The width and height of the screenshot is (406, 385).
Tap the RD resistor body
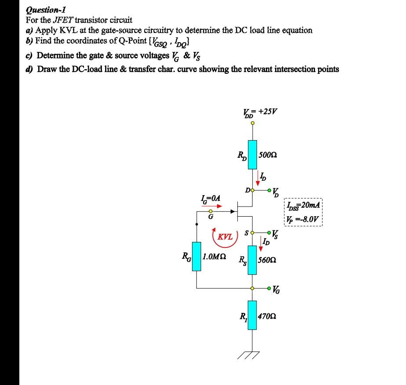(x=252, y=155)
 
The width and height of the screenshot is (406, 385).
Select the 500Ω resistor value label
(x=267, y=155)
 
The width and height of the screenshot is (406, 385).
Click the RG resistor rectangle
(x=196, y=256)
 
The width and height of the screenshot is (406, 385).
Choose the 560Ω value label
(x=267, y=260)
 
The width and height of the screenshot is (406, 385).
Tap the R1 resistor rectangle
(x=252, y=315)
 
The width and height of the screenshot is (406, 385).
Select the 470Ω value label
(x=267, y=316)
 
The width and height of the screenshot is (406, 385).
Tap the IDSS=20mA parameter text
(x=303, y=205)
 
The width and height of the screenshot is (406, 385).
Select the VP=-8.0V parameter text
(x=303, y=218)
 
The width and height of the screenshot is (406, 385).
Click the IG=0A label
(x=210, y=199)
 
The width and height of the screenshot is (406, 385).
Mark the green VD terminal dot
(x=269, y=191)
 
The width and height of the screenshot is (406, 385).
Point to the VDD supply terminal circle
(x=252, y=123)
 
